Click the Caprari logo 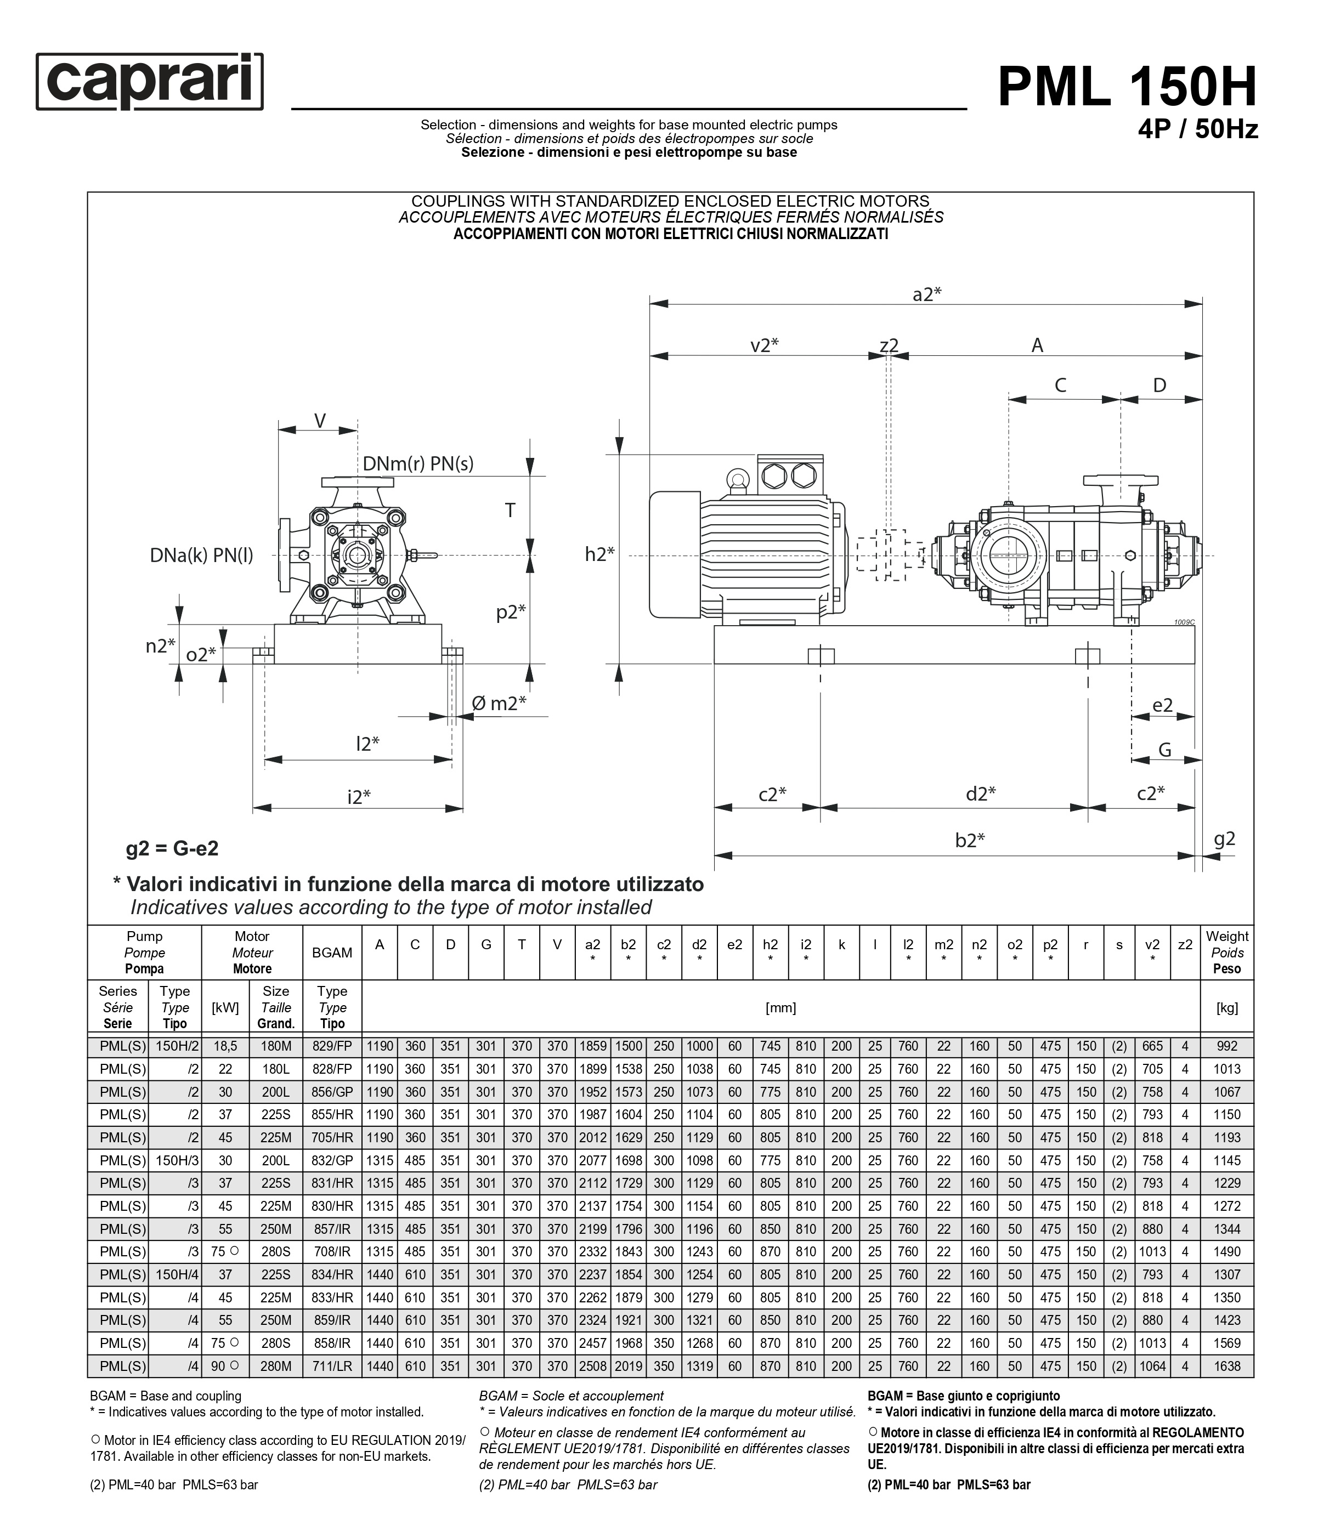pyautogui.click(x=150, y=82)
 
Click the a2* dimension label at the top pyautogui.click(x=926, y=294)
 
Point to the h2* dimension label pyautogui.click(x=599, y=554)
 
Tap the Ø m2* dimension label pyautogui.click(x=499, y=704)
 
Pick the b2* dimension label pyautogui.click(x=970, y=840)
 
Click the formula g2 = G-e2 pyautogui.click(x=172, y=849)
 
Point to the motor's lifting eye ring pyautogui.click(x=736, y=480)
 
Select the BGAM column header pyautogui.click(x=332, y=953)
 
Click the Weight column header pyautogui.click(x=1227, y=953)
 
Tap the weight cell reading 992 pyautogui.click(x=1227, y=1046)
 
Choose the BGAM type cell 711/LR pyautogui.click(x=332, y=1366)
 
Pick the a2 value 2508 pyautogui.click(x=593, y=1366)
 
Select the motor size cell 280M pyautogui.click(x=276, y=1366)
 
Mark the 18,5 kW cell pyautogui.click(x=225, y=1046)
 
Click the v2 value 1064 pyautogui.click(x=1152, y=1366)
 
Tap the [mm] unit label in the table pyautogui.click(x=780, y=1007)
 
